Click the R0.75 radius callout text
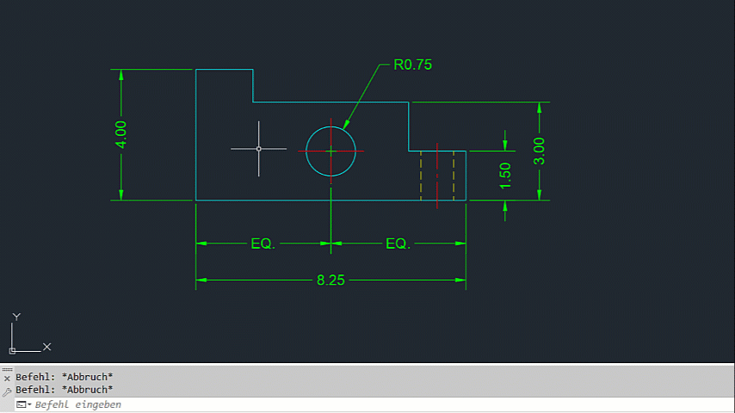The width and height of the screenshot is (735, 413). (412, 65)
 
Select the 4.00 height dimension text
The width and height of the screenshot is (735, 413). (121, 135)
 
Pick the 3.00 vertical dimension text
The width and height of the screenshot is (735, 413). (539, 151)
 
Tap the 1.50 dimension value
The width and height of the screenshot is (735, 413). (505, 176)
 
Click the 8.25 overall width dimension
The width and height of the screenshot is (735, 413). (330, 280)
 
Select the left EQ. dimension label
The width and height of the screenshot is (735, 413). (263, 243)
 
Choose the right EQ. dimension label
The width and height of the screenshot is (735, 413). (398, 243)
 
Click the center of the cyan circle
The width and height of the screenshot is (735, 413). (331, 151)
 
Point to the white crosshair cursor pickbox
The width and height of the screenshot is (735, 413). (259, 149)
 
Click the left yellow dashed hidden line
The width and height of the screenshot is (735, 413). (421, 176)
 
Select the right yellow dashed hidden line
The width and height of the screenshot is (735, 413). (454, 176)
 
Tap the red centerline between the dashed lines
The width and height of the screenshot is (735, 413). (437, 176)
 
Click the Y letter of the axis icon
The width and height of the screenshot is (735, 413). (16, 317)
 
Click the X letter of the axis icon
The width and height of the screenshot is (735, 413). (46, 347)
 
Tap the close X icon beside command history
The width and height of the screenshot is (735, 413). (7, 379)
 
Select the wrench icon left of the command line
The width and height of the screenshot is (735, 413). (7, 391)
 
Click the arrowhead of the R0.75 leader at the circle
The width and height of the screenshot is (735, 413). (346, 124)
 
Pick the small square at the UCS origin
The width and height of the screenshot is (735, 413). (12, 351)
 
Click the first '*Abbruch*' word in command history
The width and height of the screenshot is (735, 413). (87, 377)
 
